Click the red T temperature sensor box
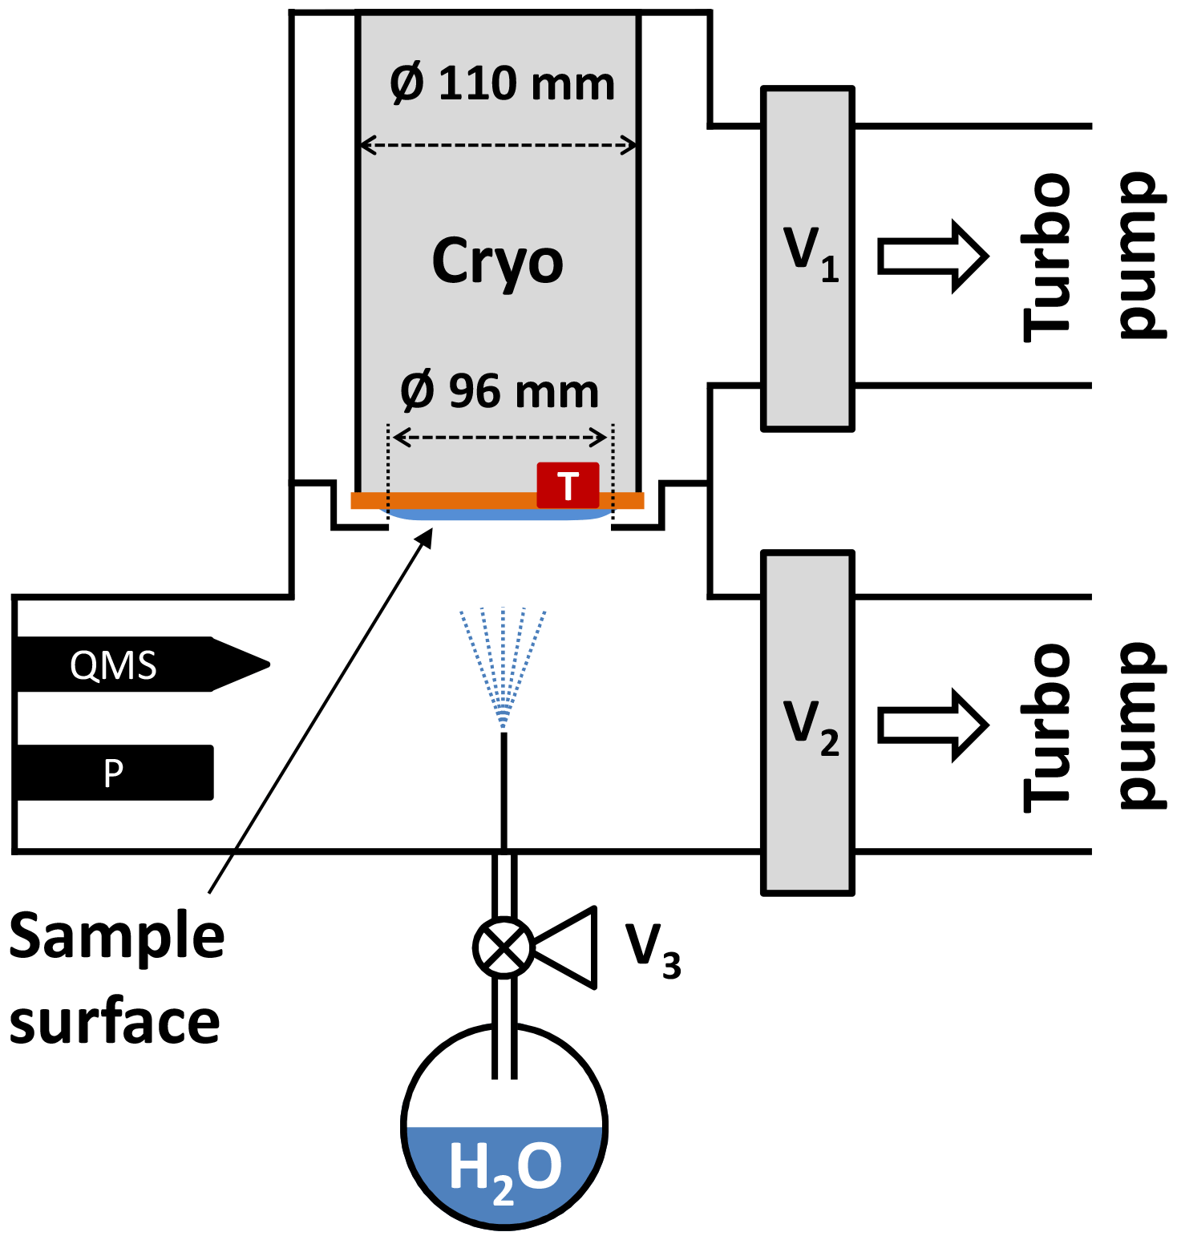tap(568, 485)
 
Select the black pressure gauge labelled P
tap(114, 773)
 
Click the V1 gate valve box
tap(807, 258)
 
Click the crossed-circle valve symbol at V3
tap(504, 947)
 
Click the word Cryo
tap(497, 261)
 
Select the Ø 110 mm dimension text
tap(502, 83)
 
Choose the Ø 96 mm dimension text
tap(500, 391)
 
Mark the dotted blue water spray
tap(503, 665)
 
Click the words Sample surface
tap(116, 978)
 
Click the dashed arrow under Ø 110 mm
tap(498, 146)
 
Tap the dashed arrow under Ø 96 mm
tap(500, 438)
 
